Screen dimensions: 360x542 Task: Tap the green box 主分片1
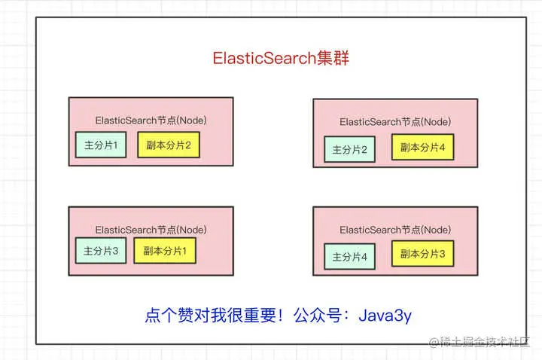(x=101, y=145)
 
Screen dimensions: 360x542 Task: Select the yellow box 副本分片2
(x=168, y=145)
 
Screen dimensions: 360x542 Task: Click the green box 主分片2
(x=349, y=149)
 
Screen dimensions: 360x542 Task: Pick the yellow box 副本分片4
(x=422, y=148)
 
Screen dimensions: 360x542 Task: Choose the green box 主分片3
(x=101, y=251)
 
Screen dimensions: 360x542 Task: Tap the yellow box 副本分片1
(x=165, y=250)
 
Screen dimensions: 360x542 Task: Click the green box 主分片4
(x=349, y=256)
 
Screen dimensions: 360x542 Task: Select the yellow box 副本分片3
(x=422, y=255)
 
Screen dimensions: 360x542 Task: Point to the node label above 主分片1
(x=151, y=121)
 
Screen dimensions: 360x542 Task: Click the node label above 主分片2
(x=395, y=121)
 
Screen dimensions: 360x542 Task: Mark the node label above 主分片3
(x=151, y=229)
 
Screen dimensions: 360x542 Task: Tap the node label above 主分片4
(x=395, y=229)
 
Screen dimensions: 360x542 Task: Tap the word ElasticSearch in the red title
(x=263, y=59)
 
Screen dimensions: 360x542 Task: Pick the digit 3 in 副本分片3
(x=442, y=255)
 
